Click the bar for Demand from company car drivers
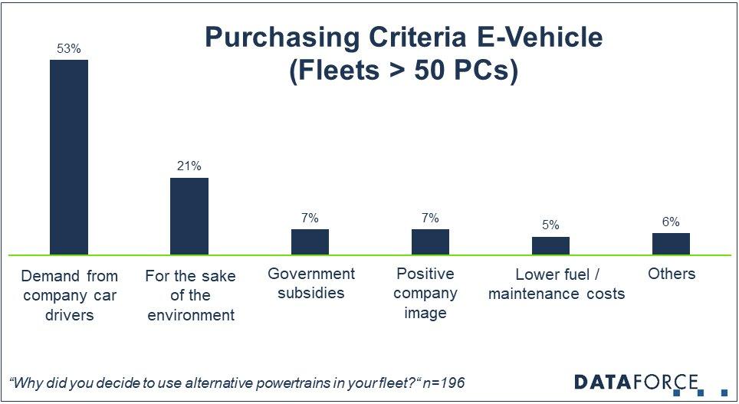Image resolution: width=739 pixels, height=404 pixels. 69,157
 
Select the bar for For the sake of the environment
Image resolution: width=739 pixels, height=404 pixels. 189,216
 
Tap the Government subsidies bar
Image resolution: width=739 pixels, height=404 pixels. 310,241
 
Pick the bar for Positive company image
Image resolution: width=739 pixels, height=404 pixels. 430,241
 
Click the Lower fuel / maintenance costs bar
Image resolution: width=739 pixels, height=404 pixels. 550,245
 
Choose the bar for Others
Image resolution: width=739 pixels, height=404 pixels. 671,244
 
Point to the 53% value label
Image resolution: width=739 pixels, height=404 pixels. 69,48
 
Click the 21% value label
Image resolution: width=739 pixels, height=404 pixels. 189,166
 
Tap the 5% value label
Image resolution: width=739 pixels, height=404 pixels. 550,225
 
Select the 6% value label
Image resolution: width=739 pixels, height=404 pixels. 671,222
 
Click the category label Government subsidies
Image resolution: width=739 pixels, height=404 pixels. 310,283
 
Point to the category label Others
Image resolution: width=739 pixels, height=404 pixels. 671,274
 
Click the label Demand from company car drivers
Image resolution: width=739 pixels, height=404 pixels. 69,294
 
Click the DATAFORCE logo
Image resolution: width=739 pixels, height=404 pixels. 639,382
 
